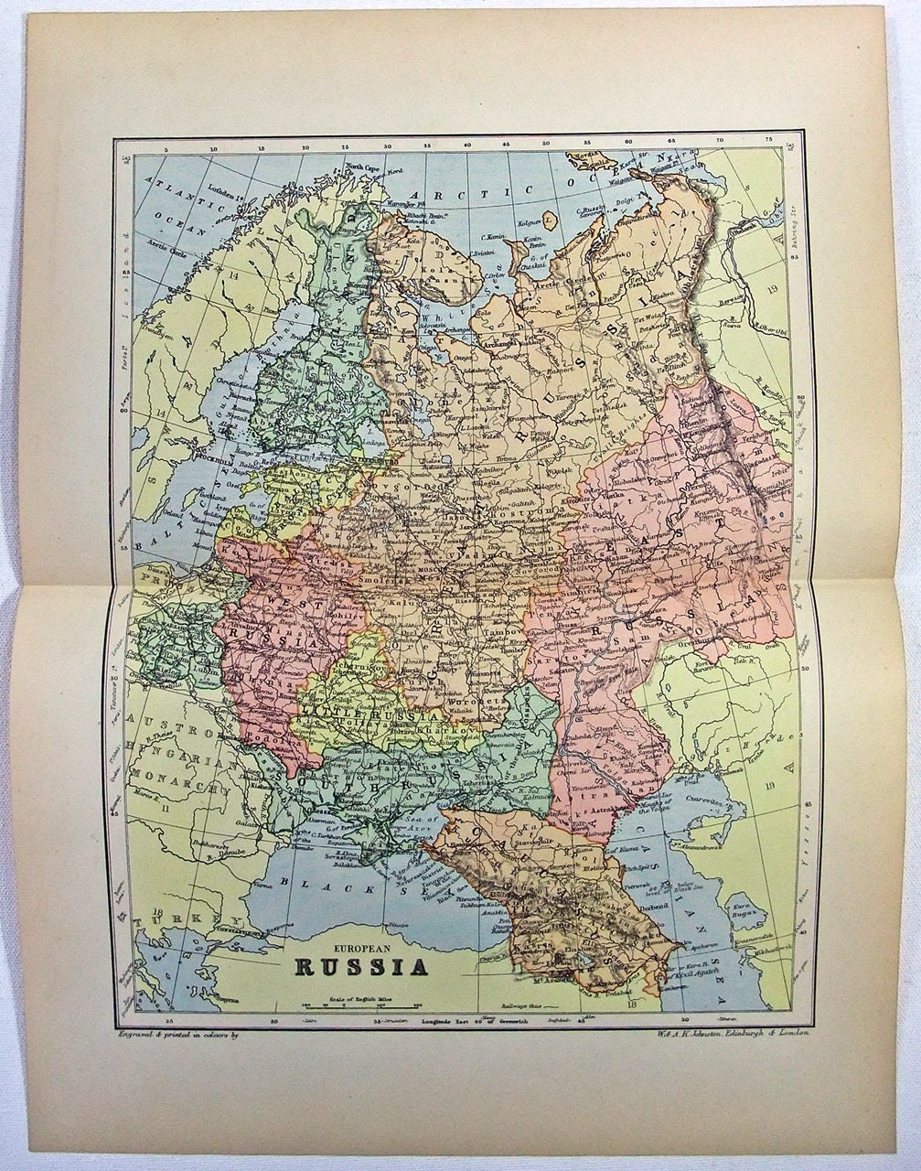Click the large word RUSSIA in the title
(361, 967)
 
